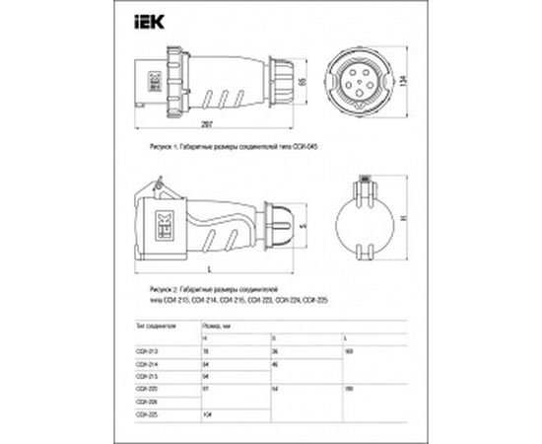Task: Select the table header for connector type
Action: (156, 323)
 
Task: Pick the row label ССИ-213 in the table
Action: (145, 350)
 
